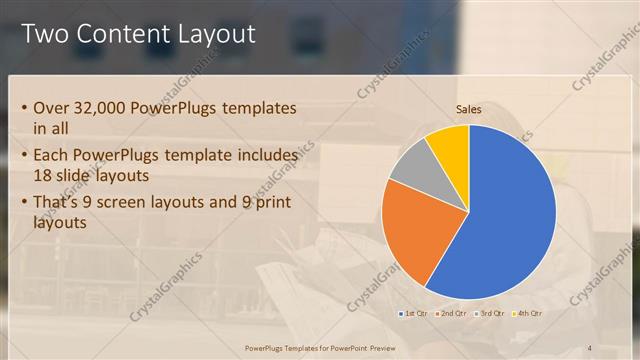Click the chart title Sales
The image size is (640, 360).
469,110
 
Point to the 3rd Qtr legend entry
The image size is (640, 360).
492,314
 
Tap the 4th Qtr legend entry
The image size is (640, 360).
529,314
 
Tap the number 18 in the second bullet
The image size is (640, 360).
45,176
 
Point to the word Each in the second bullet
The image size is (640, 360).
53,156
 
